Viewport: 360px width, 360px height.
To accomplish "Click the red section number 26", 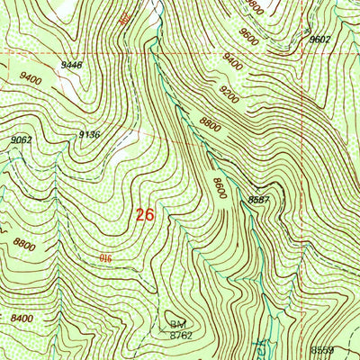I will [x=145, y=215].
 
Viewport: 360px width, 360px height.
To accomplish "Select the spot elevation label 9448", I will [x=73, y=65].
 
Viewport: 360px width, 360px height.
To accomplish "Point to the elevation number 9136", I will [x=89, y=134].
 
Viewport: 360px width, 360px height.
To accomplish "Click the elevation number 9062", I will [x=22, y=139].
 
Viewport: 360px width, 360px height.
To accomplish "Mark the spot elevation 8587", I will [x=259, y=200].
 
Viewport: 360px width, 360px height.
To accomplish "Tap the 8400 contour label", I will [x=22, y=319].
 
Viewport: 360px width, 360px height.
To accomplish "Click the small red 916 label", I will [x=105, y=259].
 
